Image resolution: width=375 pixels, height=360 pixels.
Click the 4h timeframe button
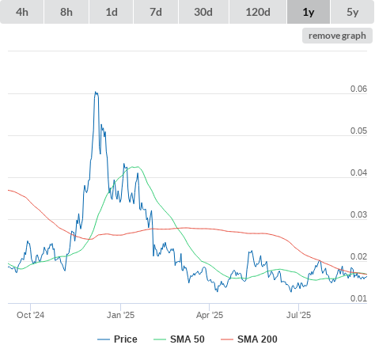click(22, 12)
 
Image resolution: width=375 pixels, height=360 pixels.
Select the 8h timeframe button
click(66, 12)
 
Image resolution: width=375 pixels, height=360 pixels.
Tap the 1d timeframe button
click(112, 12)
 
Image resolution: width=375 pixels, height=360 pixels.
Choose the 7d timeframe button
click(156, 12)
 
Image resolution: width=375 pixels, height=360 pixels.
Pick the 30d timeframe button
click(203, 12)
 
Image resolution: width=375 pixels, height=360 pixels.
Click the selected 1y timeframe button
click(309, 12)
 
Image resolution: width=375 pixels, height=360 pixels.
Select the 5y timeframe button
click(353, 12)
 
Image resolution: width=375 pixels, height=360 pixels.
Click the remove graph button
click(337, 36)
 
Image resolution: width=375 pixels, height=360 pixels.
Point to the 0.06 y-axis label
click(358, 89)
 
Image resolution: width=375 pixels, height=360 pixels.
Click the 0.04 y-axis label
click(358, 172)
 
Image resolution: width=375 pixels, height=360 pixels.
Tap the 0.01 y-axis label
click(358, 298)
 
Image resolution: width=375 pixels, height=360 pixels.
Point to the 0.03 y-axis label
click(358, 214)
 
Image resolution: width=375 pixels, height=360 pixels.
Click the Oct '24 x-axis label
click(30, 315)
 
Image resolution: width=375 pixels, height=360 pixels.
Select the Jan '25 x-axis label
click(120, 315)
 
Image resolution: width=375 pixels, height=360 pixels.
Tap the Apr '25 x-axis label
click(210, 315)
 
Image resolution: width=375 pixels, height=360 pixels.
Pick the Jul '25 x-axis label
click(298, 315)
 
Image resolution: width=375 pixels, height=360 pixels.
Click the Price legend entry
click(117, 339)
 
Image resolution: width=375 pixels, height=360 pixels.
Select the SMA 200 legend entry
click(249, 339)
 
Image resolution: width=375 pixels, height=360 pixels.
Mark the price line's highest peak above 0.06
click(96, 92)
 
